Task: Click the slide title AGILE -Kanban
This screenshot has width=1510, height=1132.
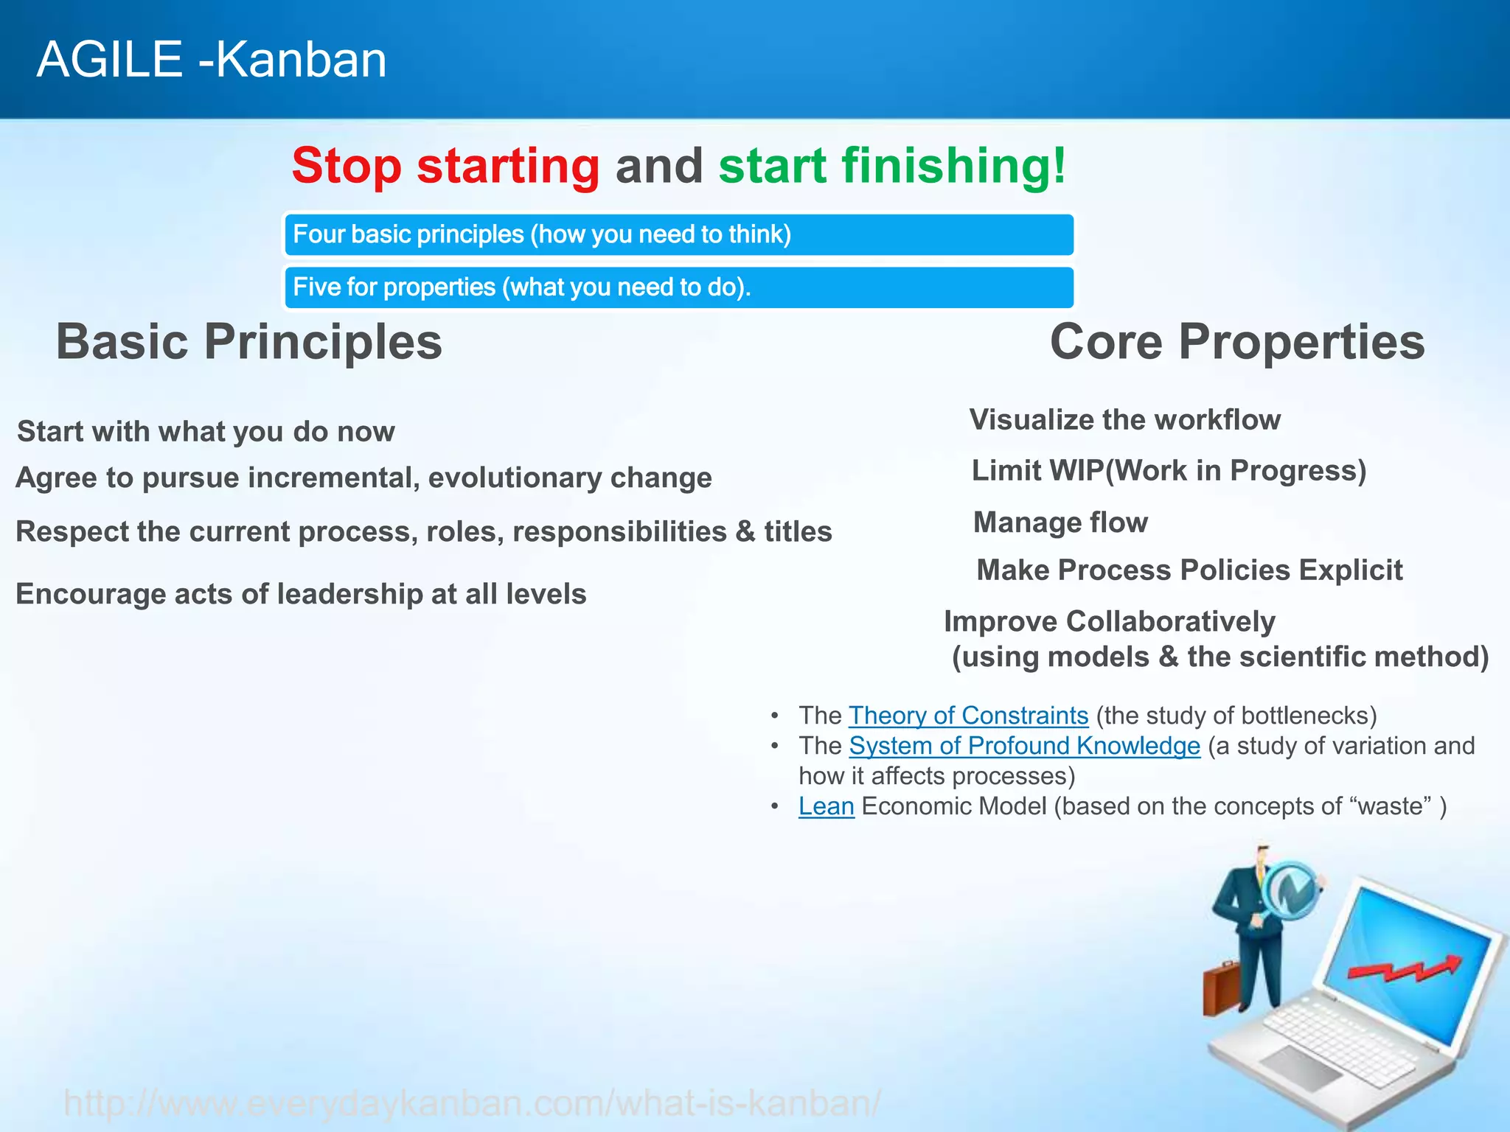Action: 212,60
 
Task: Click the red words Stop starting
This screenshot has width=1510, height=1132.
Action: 445,166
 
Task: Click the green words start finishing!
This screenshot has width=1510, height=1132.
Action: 892,166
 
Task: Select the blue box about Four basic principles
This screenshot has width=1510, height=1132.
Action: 678,235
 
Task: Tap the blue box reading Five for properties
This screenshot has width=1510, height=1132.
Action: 678,287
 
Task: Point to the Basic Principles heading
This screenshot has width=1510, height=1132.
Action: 249,342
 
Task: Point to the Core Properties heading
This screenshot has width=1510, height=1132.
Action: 1236,342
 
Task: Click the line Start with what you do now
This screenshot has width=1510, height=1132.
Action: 206,432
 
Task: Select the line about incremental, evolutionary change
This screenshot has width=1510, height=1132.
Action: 363,478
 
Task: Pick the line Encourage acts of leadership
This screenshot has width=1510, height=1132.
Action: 301,594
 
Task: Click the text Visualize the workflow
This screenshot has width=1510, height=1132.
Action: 1124,420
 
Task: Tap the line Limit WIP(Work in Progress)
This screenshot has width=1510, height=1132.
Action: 1169,471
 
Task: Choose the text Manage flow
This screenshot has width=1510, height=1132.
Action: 1060,523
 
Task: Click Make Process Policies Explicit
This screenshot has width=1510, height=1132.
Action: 1189,570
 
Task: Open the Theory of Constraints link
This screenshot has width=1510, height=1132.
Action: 968,716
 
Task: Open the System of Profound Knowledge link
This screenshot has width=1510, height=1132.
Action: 1024,746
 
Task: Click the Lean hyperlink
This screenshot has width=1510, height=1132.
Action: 826,806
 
